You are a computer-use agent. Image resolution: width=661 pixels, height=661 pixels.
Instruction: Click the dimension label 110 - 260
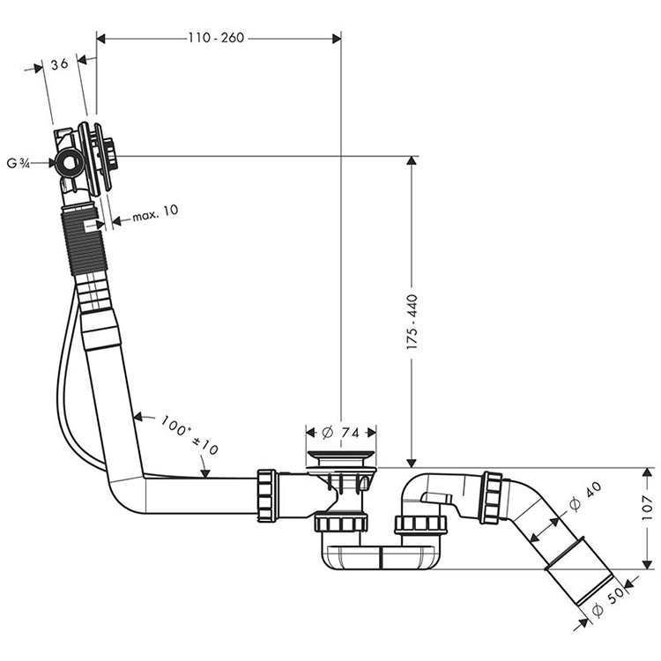coord(216,38)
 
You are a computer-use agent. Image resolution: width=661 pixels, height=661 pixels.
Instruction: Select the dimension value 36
coord(60,63)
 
